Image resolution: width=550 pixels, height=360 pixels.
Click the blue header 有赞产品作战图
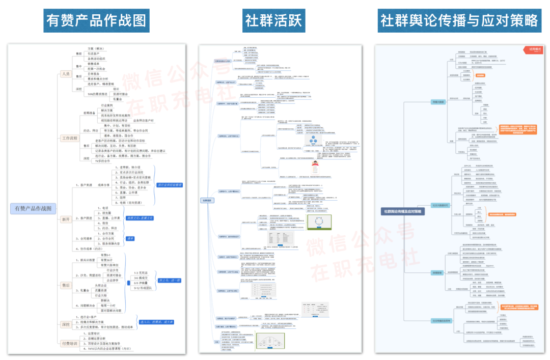click(96, 20)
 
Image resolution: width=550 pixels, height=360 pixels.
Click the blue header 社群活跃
click(274, 20)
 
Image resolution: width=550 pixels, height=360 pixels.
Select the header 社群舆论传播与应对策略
click(459, 20)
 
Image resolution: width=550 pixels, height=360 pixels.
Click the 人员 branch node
click(66, 74)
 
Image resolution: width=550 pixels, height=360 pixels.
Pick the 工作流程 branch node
click(69, 138)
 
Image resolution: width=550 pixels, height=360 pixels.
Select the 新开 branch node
click(66, 219)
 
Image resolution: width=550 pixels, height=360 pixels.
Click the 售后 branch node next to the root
click(66, 286)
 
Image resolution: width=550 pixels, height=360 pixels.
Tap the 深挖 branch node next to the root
click(66, 324)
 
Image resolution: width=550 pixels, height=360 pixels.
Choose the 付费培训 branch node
click(69, 343)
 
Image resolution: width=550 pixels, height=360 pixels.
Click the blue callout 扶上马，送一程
click(170, 280)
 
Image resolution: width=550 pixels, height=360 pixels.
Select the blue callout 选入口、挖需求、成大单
click(156, 322)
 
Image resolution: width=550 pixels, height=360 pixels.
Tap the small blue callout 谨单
click(130, 238)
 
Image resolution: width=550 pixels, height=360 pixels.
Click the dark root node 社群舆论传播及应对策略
click(402, 211)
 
